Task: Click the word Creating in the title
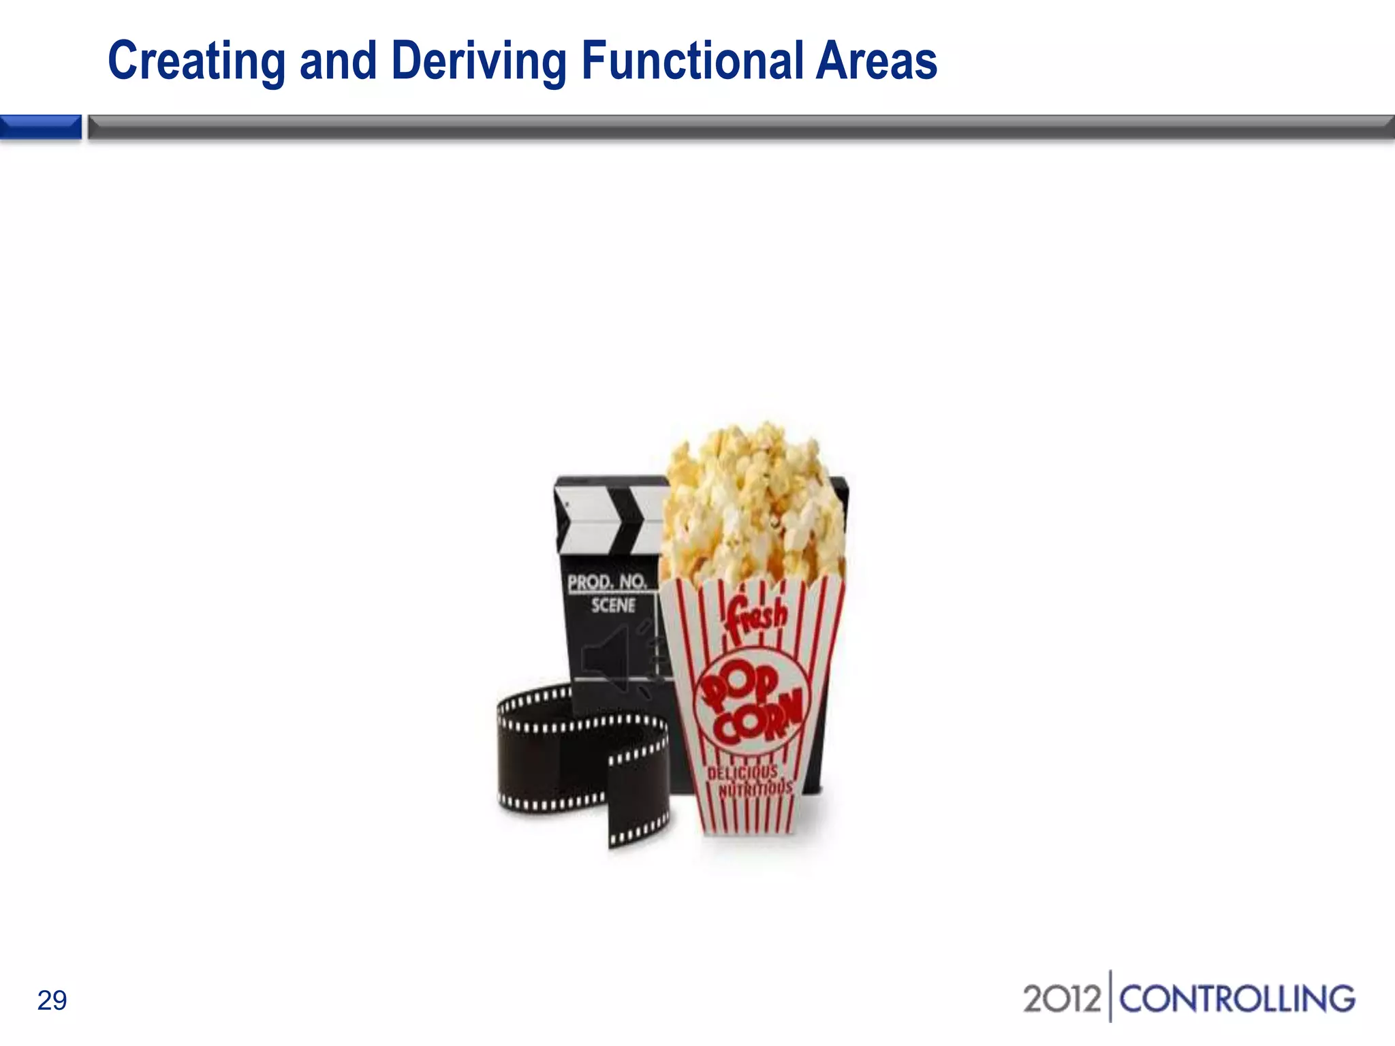tap(196, 61)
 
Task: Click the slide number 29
tap(52, 1000)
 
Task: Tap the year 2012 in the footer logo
tap(1061, 999)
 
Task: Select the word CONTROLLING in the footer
tap(1237, 999)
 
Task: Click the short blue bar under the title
tap(41, 127)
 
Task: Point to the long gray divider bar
tap(741, 127)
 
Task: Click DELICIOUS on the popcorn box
tap(742, 772)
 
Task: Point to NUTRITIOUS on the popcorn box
tap(756, 789)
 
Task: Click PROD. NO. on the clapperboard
tap(606, 582)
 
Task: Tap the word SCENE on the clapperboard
tap(613, 605)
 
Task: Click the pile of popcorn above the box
tap(753, 504)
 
